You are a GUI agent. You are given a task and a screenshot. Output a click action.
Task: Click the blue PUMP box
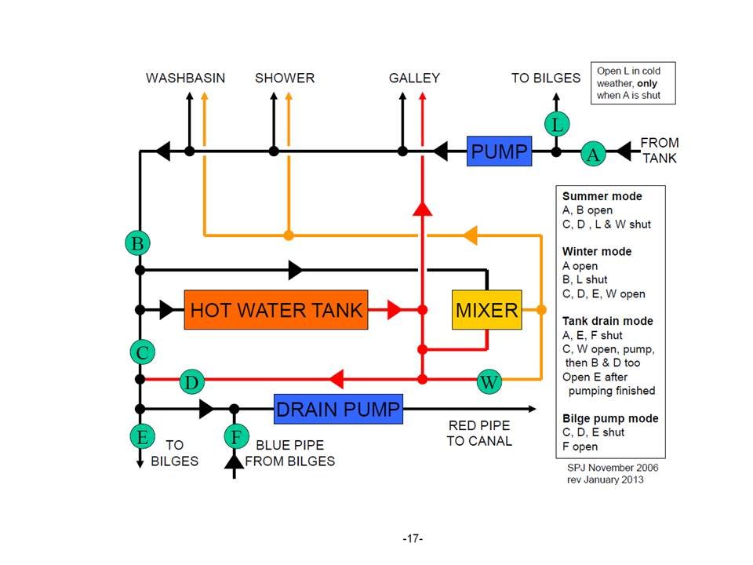[499, 150]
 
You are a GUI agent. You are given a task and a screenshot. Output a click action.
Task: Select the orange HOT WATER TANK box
[276, 309]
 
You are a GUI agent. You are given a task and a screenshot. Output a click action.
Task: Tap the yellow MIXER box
[486, 309]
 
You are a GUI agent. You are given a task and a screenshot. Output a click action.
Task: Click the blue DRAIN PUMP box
[338, 409]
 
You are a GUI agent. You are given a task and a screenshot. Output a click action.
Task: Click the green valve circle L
[556, 124]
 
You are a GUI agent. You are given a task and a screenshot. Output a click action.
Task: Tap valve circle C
[141, 353]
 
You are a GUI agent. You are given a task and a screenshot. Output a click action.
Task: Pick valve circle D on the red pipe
[191, 382]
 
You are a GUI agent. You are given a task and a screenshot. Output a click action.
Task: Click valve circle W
[489, 382]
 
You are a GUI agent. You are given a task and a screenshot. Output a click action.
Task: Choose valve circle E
[140, 436]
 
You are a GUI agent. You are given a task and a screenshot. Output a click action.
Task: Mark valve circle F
[234, 436]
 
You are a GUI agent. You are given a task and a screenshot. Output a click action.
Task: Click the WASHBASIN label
[186, 78]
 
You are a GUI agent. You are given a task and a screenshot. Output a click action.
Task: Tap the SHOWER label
[285, 78]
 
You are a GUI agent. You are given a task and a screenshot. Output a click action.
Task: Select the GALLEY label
[414, 78]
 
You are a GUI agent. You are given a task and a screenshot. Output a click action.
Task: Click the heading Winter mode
[597, 252]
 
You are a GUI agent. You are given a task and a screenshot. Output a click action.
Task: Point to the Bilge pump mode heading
[610, 418]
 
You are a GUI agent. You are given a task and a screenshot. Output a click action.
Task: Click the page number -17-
[413, 538]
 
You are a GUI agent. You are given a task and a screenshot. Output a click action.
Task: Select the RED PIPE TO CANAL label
[478, 433]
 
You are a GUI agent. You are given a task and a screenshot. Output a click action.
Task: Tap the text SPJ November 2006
[613, 467]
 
